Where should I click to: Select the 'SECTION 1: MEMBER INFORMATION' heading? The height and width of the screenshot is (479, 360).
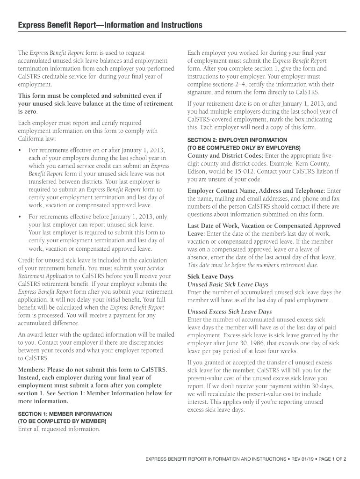(x=65, y=414)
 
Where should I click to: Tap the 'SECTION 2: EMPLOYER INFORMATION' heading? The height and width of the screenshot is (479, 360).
(x=237, y=140)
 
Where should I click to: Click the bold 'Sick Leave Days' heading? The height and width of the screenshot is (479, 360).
(x=210, y=276)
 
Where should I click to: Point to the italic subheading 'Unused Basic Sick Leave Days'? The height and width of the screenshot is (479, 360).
(x=228, y=284)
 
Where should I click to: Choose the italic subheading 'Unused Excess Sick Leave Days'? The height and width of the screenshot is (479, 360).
(x=230, y=312)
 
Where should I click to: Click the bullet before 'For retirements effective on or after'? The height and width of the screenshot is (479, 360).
(x=20, y=150)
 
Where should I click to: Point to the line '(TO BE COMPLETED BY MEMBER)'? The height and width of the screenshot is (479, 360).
(x=62, y=421)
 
